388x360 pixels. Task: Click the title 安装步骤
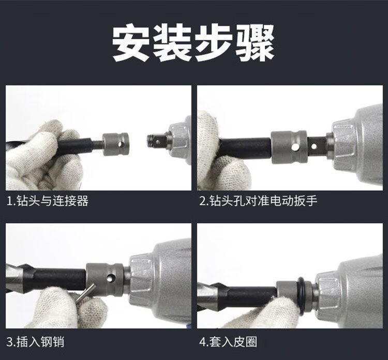pos(193,42)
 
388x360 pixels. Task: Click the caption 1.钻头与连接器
pos(48,201)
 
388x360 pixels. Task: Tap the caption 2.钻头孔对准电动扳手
pos(258,201)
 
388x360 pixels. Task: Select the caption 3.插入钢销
pos(35,342)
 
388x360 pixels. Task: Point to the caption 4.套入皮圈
pos(228,342)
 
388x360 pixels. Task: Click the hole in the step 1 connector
pos(121,144)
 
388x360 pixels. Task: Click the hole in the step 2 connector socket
pos(295,147)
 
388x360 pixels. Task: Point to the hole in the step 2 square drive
pos(314,146)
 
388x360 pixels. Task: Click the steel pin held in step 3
pos(85,293)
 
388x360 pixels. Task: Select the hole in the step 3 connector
pos(111,278)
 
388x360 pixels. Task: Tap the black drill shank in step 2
pos(245,148)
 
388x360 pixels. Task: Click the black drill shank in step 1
pos(74,147)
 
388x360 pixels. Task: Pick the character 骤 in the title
pos(255,43)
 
